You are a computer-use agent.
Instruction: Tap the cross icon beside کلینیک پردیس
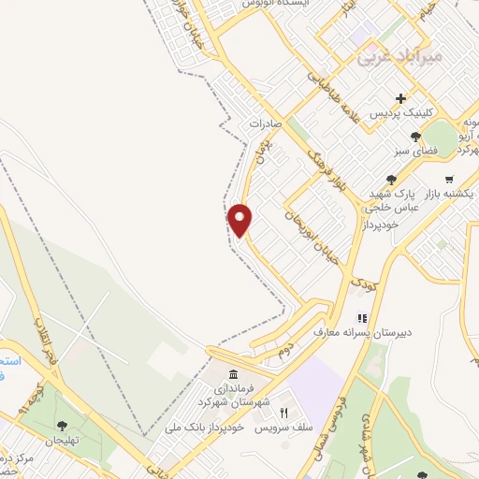(x=401, y=98)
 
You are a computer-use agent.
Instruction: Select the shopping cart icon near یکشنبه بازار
(x=450, y=179)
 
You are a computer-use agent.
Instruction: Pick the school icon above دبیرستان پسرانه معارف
(x=361, y=317)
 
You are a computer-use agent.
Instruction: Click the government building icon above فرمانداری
(x=232, y=374)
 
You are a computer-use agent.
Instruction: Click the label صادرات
(x=267, y=123)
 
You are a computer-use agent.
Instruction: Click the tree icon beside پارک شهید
(x=391, y=181)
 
